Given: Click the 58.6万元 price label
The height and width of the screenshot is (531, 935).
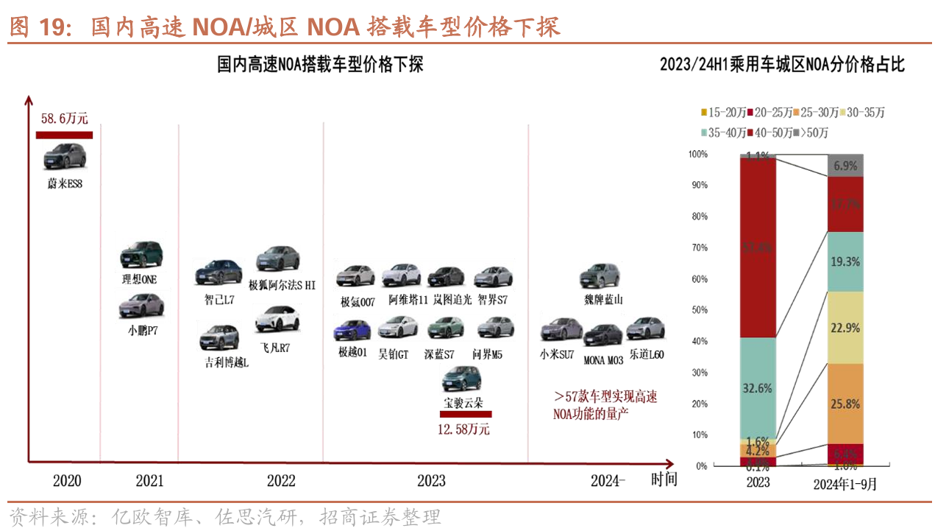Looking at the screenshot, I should pyautogui.click(x=65, y=118).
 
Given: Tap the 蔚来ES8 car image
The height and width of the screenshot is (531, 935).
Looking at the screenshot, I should pyautogui.click(x=65, y=156).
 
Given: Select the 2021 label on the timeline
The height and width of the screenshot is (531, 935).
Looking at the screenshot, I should pyautogui.click(x=149, y=481).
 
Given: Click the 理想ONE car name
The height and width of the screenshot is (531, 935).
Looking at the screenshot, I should pyautogui.click(x=140, y=280).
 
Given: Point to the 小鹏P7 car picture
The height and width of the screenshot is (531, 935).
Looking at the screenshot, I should pyautogui.click(x=141, y=306).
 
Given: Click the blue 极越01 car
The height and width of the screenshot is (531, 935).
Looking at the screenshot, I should pyautogui.click(x=353, y=331).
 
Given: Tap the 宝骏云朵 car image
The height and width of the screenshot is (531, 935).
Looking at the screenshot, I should pyautogui.click(x=461, y=379).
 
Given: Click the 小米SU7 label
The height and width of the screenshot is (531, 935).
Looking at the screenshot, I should pyautogui.click(x=556, y=355).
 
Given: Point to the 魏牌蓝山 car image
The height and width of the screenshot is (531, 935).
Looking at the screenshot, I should pyautogui.click(x=600, y=275).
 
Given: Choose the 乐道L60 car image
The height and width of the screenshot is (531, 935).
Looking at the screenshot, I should pyautogui.click(x=645, y=328).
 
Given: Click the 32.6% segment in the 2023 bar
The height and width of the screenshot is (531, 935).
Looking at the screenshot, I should pyautogui.click(x=758, y=388).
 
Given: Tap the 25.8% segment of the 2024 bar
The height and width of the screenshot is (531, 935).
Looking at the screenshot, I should pyautogui.click(x=845, y=404).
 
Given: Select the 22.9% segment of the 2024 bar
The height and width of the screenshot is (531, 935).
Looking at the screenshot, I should pyautogui.click(x=845, y=328).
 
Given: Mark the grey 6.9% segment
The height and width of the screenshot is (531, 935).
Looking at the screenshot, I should pyautogui.click(x=845, y=166).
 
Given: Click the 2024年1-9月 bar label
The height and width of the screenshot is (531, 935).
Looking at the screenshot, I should pyautogui.click(x=845, y=484).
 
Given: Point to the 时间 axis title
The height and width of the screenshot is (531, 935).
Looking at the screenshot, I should pyautogui.click(x=664, y=480).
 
